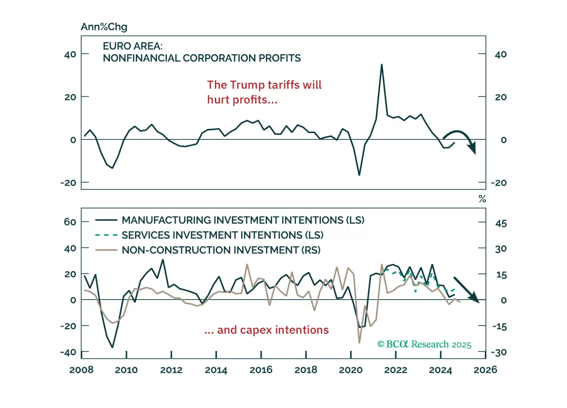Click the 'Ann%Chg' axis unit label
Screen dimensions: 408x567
pos(104,27)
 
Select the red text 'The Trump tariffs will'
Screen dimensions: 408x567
pos(264,85)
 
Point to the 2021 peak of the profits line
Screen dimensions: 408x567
pos(382,65)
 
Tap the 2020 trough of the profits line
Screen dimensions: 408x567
pos(359,175)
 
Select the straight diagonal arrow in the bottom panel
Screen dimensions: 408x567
pos(466,289)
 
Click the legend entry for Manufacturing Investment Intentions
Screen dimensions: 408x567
pos(243,220)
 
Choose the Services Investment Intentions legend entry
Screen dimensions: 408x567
pos(222,235)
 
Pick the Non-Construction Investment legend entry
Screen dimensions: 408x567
pos(221,250)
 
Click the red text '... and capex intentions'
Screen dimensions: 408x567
pos(267,330)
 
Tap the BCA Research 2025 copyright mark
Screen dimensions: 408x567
pos(424,344)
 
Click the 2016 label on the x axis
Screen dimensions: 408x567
pos(261,370)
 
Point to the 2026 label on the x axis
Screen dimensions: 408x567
pos(485,370)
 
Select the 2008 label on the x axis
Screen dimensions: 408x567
pos(81,370)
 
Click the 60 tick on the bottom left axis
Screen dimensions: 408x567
pos(70,222)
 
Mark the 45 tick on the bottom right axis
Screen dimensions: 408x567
pos(501,224)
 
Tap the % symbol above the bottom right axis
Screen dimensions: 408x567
pos(482,199)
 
